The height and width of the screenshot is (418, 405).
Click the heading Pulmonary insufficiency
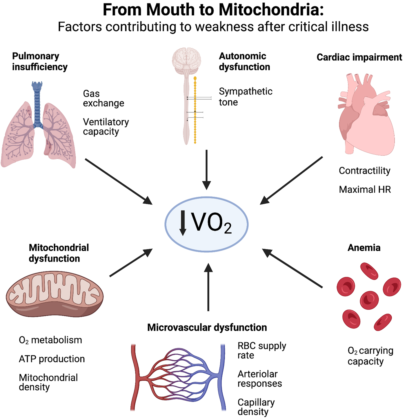pyautogui.click(x=40, y=61)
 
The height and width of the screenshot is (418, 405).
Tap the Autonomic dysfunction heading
pyautogui.click(x=244, y=61)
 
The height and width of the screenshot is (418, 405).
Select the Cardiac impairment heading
pyautogui.click(x=359, y=57)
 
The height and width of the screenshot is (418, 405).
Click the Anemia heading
pyautogui.click(x=364, y=248)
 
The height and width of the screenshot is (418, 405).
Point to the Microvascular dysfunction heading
pyautogui.click(x=207, y=327)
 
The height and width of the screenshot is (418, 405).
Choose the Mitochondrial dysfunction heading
pyautogui.click(x=59, y=253)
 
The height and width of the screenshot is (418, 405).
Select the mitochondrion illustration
pyautogui.click(x=55, y=294)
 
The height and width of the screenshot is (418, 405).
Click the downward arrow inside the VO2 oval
pyautogui.click(x=183, y=223)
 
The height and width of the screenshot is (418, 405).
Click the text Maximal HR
pyautogui.click(x=365, y=189)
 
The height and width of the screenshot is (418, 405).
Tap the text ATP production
pyautogui.click(x=52, y=359)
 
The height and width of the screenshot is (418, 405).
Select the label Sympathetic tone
pyautogui.click(x=245, y=96)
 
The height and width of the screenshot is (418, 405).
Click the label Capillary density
pyautogui.click(x=256, y=407)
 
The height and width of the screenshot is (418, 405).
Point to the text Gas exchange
pyautogui.click(x=103, y=98)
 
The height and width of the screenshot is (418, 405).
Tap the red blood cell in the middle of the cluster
pyautogui.click(x=369, y=300)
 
